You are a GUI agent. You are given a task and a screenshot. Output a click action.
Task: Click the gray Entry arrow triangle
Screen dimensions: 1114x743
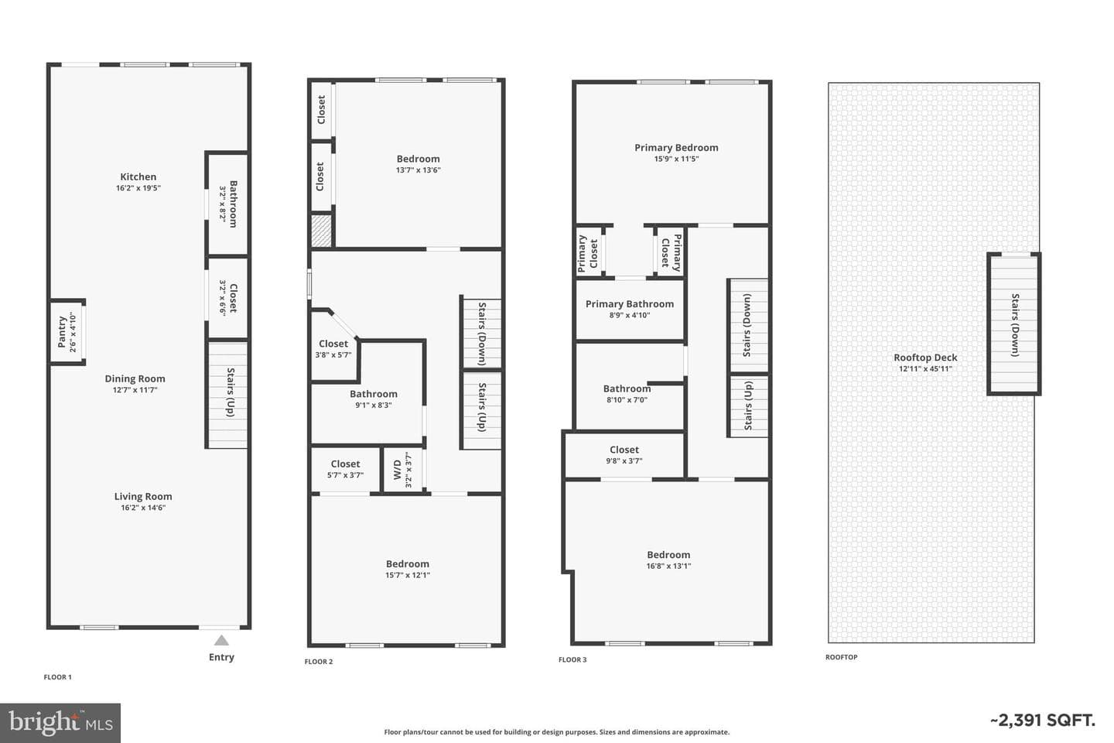(221, 641)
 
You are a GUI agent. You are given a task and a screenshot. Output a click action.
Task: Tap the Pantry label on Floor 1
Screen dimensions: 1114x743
(62, 332)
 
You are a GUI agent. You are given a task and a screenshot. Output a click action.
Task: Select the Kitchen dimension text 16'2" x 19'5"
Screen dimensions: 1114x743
(138, 188)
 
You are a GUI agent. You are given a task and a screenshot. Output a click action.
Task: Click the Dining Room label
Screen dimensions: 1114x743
(135, 378)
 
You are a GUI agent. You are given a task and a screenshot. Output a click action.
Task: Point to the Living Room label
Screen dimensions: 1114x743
(143, 496)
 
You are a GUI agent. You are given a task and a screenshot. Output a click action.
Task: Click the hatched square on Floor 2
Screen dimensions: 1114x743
(321, 231)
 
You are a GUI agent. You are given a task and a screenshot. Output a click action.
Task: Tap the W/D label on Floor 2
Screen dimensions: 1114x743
(398, 470)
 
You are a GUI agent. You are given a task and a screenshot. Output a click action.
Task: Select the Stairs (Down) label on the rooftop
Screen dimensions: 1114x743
(1015, 325)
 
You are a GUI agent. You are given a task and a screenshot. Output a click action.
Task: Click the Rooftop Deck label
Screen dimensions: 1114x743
(925, 358)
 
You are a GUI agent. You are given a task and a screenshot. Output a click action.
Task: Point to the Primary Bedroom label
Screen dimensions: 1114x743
(676, 147)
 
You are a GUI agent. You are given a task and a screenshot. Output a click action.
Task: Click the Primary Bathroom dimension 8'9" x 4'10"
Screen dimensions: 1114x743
(630, 315)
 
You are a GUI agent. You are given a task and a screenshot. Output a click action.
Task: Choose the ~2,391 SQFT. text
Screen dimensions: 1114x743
(1043, 720)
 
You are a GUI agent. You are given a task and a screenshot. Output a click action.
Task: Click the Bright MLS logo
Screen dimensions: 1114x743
(60, 723)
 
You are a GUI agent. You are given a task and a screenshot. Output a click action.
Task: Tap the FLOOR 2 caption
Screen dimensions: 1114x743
(319, 662)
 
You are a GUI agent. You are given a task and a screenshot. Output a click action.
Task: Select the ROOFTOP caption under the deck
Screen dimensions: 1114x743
(842, 657)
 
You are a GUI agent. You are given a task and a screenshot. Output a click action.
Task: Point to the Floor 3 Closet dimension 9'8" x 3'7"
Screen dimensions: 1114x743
(624, 461)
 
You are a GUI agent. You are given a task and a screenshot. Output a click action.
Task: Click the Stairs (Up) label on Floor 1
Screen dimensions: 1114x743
(231, 392)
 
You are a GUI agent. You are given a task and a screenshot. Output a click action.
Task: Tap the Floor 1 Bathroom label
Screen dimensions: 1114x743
(233, 204)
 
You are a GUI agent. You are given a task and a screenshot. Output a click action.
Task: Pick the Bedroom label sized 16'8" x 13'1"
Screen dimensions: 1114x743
(668, 554)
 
